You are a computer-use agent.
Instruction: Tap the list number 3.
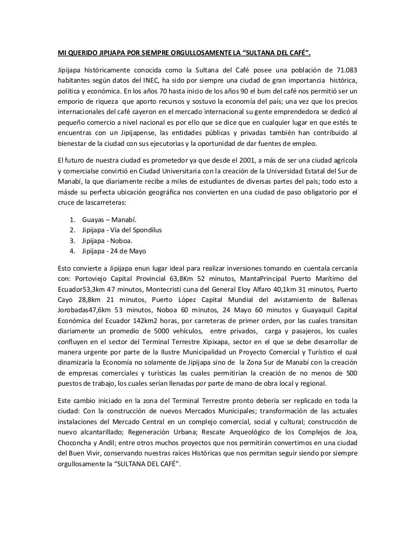tap(72, 240)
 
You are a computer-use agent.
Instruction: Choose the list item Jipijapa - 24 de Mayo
tap(115, 251)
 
